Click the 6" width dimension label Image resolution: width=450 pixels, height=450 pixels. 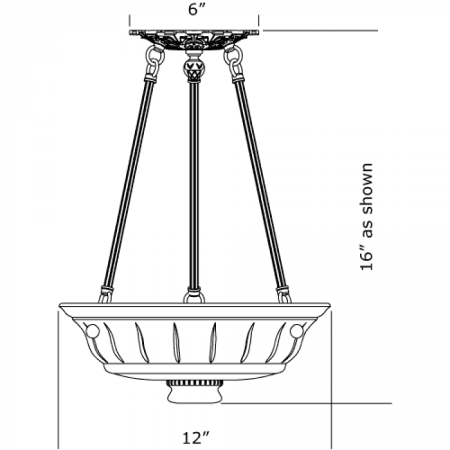pos(197,9)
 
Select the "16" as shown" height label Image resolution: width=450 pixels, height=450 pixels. pos(366,217)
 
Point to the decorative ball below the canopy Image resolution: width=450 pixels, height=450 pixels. pos(194,68)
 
